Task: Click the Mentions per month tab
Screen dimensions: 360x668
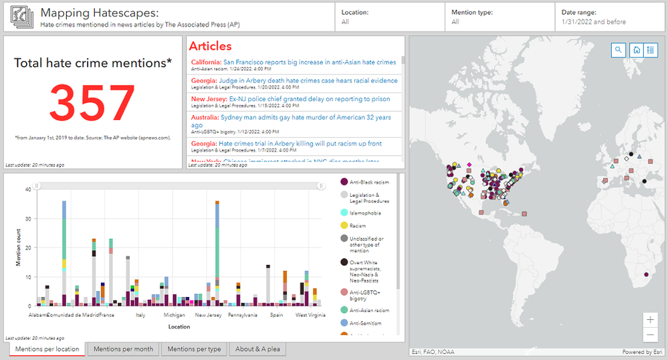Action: (123, 349)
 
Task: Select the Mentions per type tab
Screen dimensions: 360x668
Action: (194, 349)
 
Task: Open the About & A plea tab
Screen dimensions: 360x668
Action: (257, 349)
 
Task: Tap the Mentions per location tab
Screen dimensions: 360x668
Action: (47, 349)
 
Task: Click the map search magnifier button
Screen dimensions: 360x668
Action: (619, 50)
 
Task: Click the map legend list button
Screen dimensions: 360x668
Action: (651, 50)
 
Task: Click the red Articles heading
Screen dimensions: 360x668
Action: (210, 46)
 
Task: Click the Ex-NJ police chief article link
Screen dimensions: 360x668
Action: (310, 99)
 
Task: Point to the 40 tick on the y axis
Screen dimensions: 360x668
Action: (29, 189)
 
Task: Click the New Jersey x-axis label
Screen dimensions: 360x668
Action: (209, 314)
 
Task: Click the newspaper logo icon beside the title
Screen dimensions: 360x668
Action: (22, 17)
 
